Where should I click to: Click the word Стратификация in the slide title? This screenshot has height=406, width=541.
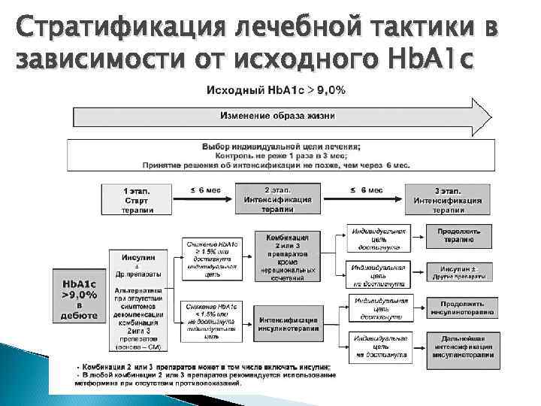click(x=105, y=29)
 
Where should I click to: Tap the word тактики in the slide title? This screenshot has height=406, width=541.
click(x=406, y=29)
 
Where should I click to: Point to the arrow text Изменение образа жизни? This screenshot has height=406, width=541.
click(x=277, y=116)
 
